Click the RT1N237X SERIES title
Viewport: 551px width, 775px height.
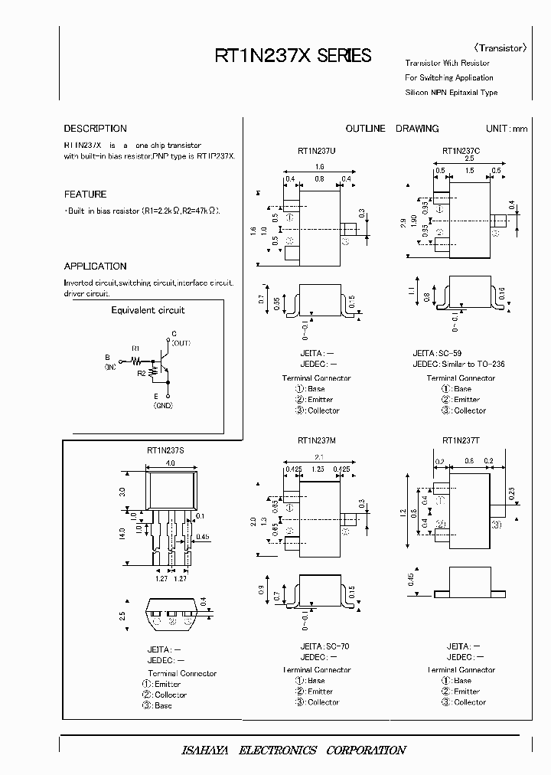coord(292,56)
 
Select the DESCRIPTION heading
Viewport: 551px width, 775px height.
coord(95,129)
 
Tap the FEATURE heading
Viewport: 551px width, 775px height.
coord(85,195)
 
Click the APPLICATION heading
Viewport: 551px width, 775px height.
coord(95,267)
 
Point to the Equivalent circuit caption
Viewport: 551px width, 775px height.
coord(148,310)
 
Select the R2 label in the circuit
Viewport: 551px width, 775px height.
coord(141,373)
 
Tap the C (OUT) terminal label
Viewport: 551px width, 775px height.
coord(179,338)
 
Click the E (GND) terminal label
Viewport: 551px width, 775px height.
coord(163,401)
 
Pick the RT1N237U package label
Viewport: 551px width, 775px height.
coord(316,152)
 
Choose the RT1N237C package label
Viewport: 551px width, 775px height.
coord(461,152)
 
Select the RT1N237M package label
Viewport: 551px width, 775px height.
coord(316,441)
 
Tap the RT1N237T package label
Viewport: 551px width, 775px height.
coord(461,441)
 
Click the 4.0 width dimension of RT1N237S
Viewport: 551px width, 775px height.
coord(171,463)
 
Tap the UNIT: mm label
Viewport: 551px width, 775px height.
coord(507,129)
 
